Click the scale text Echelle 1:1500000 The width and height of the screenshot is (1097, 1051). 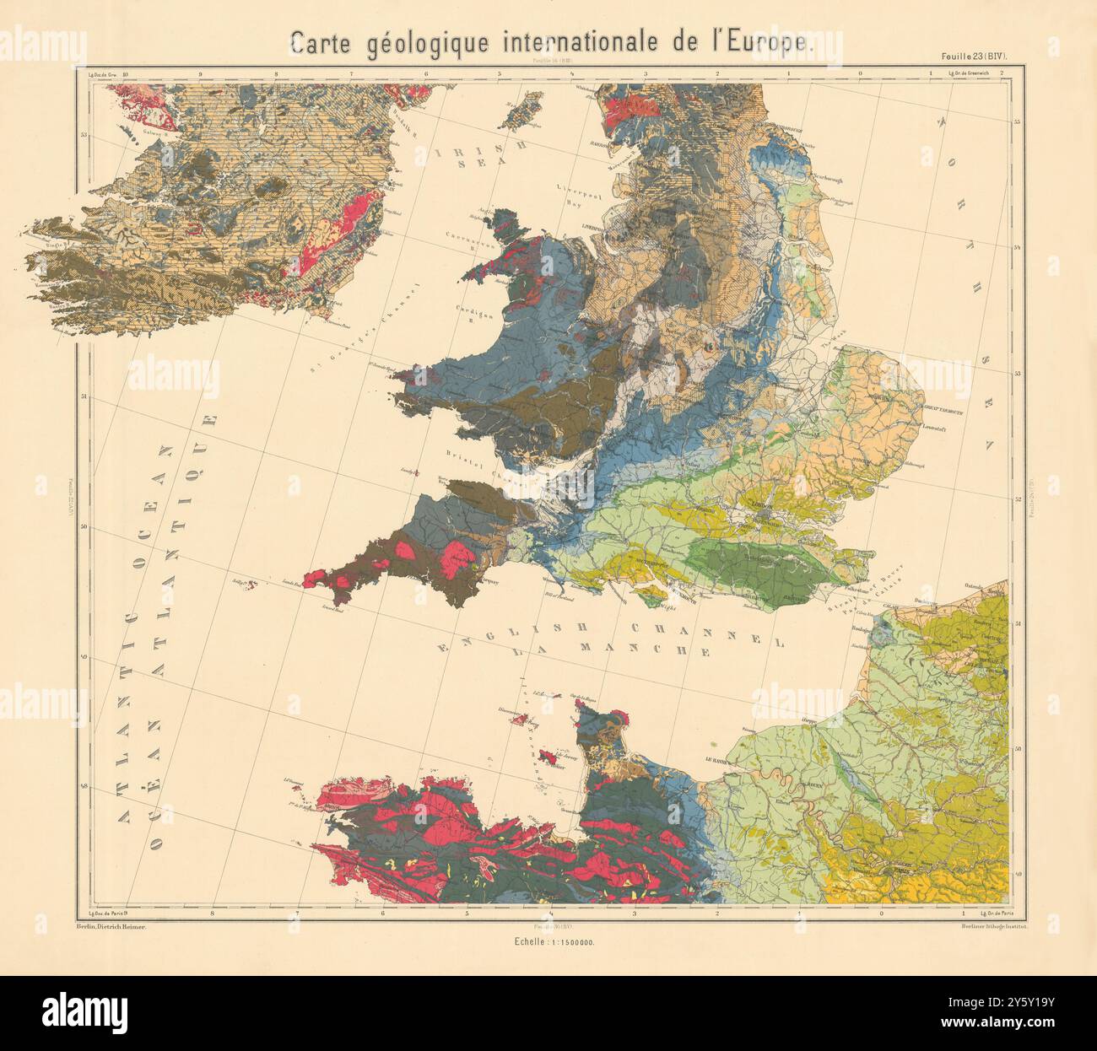(x=548, y=942)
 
